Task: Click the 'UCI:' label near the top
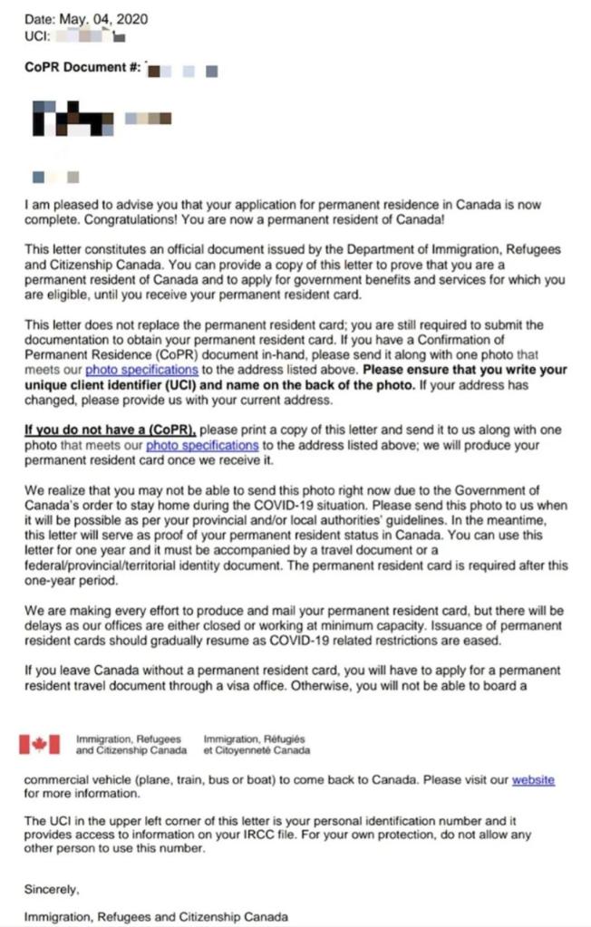coord(39,35)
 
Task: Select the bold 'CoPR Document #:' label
coord(82,70)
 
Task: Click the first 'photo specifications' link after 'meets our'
coord(140,370)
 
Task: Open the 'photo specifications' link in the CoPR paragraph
coord(202,446)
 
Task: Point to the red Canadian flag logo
coord(40,744)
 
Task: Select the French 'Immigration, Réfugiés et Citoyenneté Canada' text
coord(257,745)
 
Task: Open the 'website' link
coord(533,779)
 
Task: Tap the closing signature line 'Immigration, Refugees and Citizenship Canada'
coord(156,917)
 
